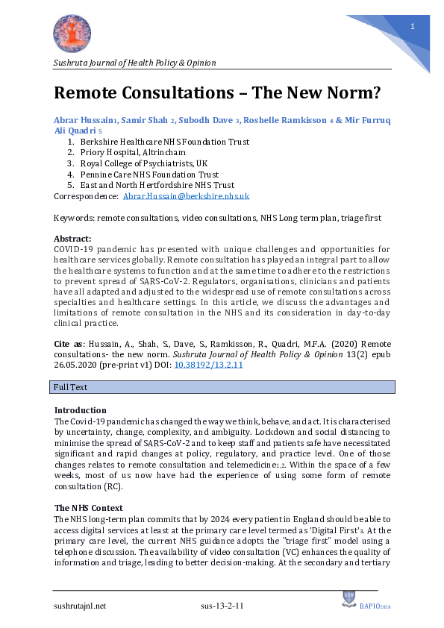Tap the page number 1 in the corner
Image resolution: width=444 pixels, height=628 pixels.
tap(412, 27)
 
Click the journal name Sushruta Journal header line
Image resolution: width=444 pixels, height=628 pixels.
tap(135, 63)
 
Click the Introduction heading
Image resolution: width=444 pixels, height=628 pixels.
tap(81, 410)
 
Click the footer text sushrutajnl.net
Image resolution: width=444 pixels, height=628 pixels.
tap(80, 606)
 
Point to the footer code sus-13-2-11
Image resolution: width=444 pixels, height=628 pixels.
tap(222, 606)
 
